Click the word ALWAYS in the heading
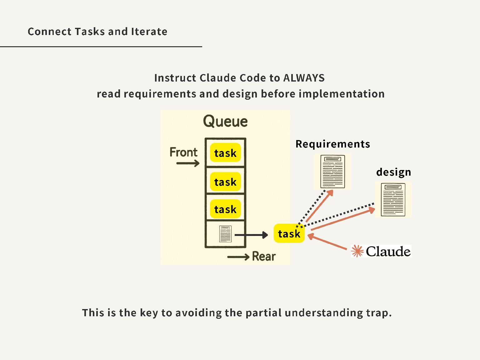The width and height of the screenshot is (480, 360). click(x=304, y=78)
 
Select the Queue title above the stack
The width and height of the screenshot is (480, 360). click(x=225, y=121)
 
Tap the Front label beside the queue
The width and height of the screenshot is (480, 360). click(x=183, y=152)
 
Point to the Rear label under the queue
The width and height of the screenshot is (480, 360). click(x=264, y=256)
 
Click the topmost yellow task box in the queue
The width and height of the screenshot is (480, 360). click(x=225, y=153)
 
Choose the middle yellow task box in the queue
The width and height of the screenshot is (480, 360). click(x=225, y=182)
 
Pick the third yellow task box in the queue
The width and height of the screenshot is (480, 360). click(x=225, y=209)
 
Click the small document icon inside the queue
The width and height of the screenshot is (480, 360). click(x=225, y=234)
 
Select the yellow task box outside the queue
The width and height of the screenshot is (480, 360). click(x=289, y=233)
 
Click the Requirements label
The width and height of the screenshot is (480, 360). click(x=333, y=144)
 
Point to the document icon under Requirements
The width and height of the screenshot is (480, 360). click(x=332, y=172)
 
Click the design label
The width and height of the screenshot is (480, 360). click(x=393, y=172)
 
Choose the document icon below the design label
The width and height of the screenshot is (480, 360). click(x=393, y=200)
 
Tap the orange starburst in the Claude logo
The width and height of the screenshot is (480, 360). click(x=357, y=251)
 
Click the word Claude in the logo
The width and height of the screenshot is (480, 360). click(x=388, y=251)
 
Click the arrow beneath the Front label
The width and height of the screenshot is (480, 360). click(x=188, y=163)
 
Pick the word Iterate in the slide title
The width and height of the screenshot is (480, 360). click(x=149, y=32)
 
